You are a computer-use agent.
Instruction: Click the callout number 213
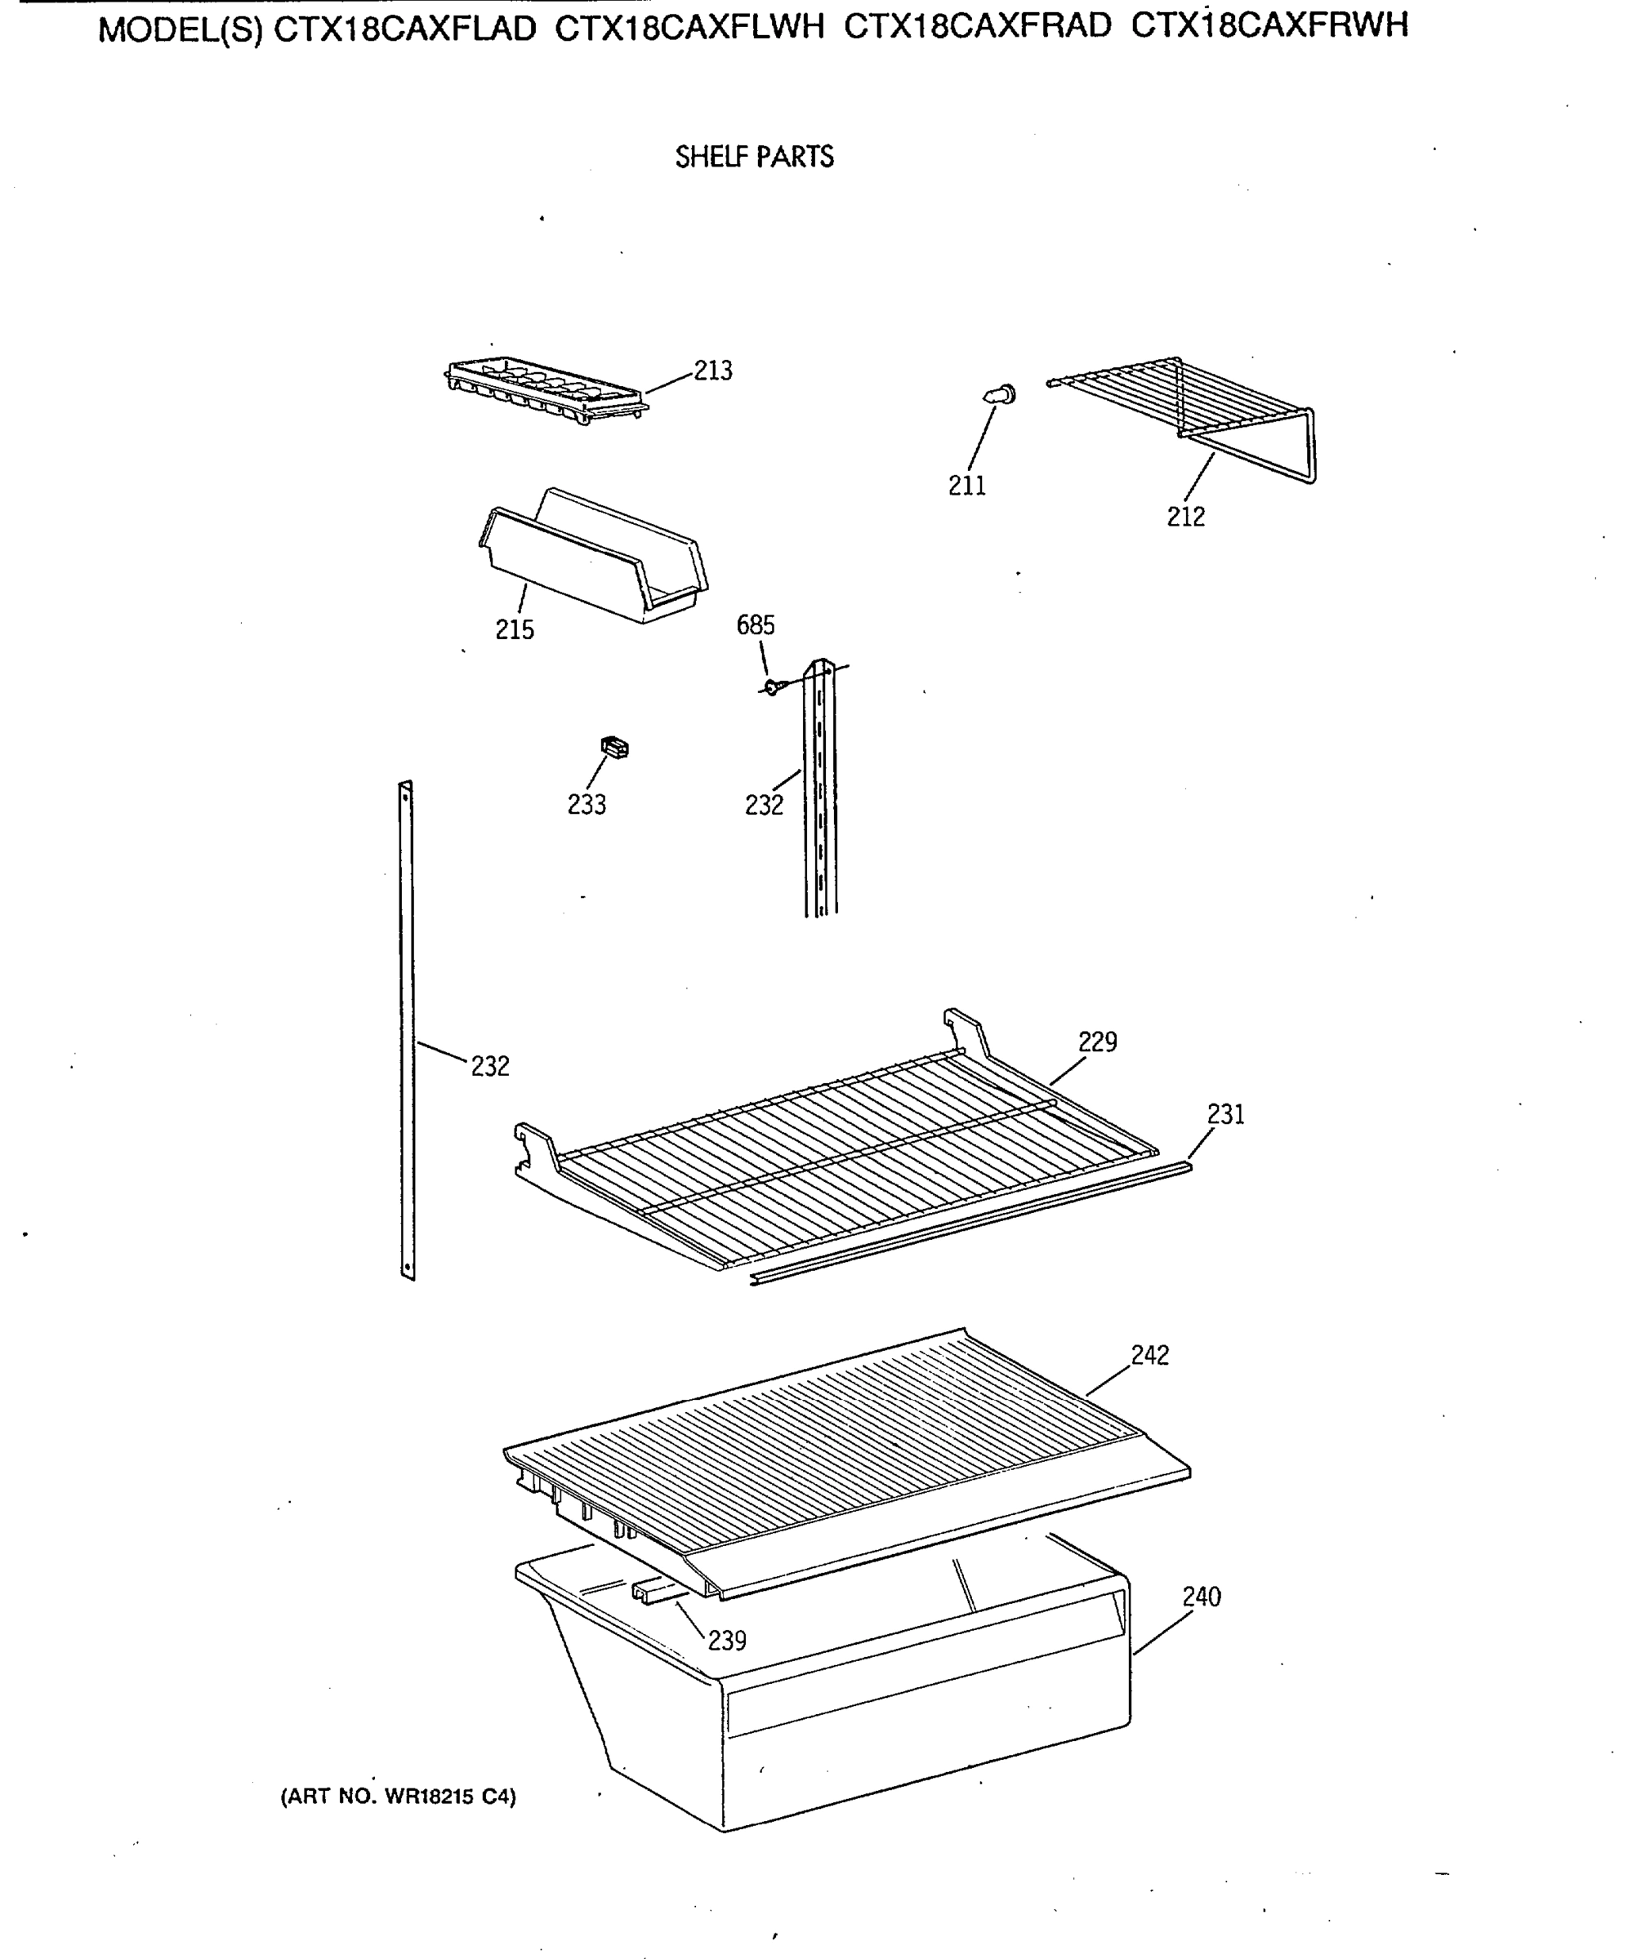(x=713, y=371)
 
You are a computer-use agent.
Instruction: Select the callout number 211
(x=967, y=485)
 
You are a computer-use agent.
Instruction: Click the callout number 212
(x=1185, y=516)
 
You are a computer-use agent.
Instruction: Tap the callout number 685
(x=755, y=625)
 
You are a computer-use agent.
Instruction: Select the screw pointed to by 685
(x=772, y=687)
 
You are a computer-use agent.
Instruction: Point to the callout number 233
(x=587, y=804)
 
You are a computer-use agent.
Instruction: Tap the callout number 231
(x=1225, y=1114)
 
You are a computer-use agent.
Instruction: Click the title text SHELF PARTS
(x=754, y=157)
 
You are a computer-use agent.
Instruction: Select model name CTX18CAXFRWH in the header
(x=1269, y=26)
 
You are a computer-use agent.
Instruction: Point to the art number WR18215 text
(x=398, y=1796)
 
